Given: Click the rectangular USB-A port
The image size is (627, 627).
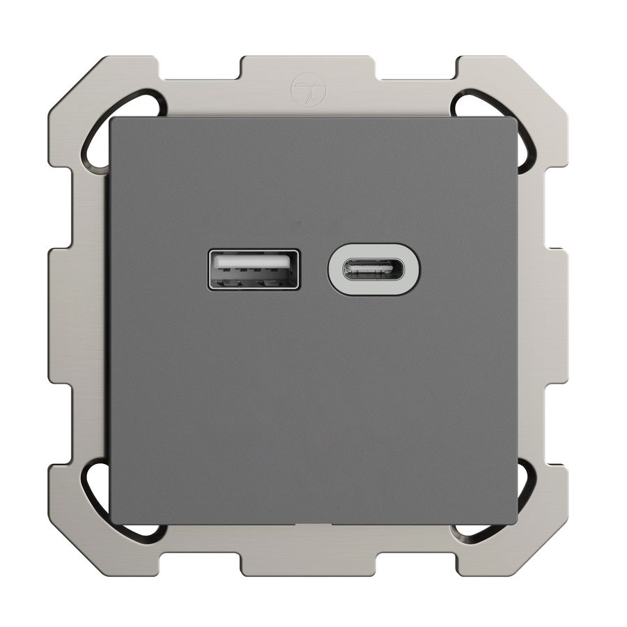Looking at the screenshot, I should pyautogui.click(x=254, y=270).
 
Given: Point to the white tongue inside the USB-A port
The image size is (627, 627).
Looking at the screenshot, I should pyautogui.click(x=254, y=263).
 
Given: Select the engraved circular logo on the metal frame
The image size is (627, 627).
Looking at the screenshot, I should pyautogui.click(x=300, y=88).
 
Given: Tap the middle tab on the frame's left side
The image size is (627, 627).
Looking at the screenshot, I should pyautogui.click(x=63, y=313).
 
